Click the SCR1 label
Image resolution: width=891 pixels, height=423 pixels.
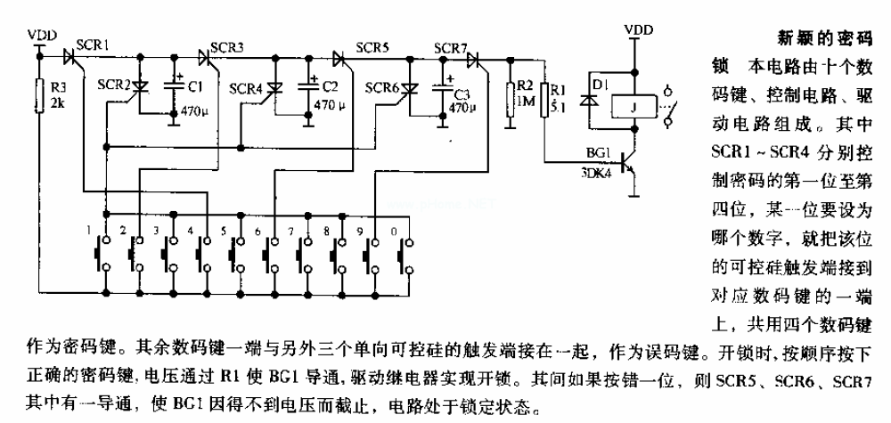point(92,45)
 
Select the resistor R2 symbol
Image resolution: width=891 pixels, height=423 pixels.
point(509,96)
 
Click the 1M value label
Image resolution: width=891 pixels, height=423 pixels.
point(526,102)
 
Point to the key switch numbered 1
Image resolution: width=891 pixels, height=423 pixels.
point(101,253)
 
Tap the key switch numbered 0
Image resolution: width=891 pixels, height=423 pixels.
point(405,253)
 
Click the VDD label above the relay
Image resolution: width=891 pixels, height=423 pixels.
point(636,30)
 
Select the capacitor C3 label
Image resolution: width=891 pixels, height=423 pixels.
point(462,94)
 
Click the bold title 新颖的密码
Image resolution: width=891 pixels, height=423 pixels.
point(816,39)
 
